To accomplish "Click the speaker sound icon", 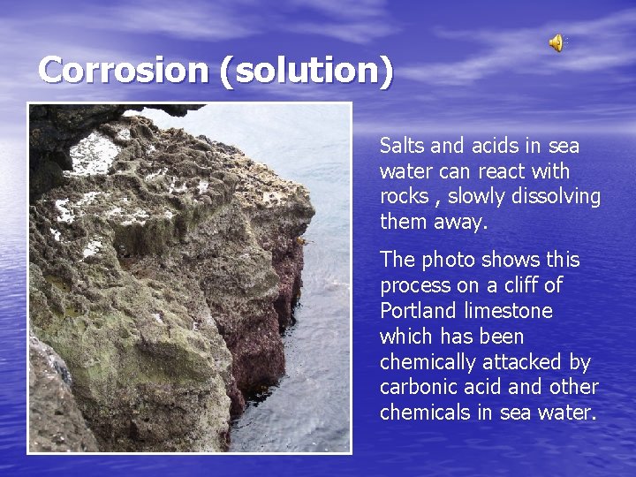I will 556,42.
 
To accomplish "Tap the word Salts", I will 402,146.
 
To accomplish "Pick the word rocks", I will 404,197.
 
